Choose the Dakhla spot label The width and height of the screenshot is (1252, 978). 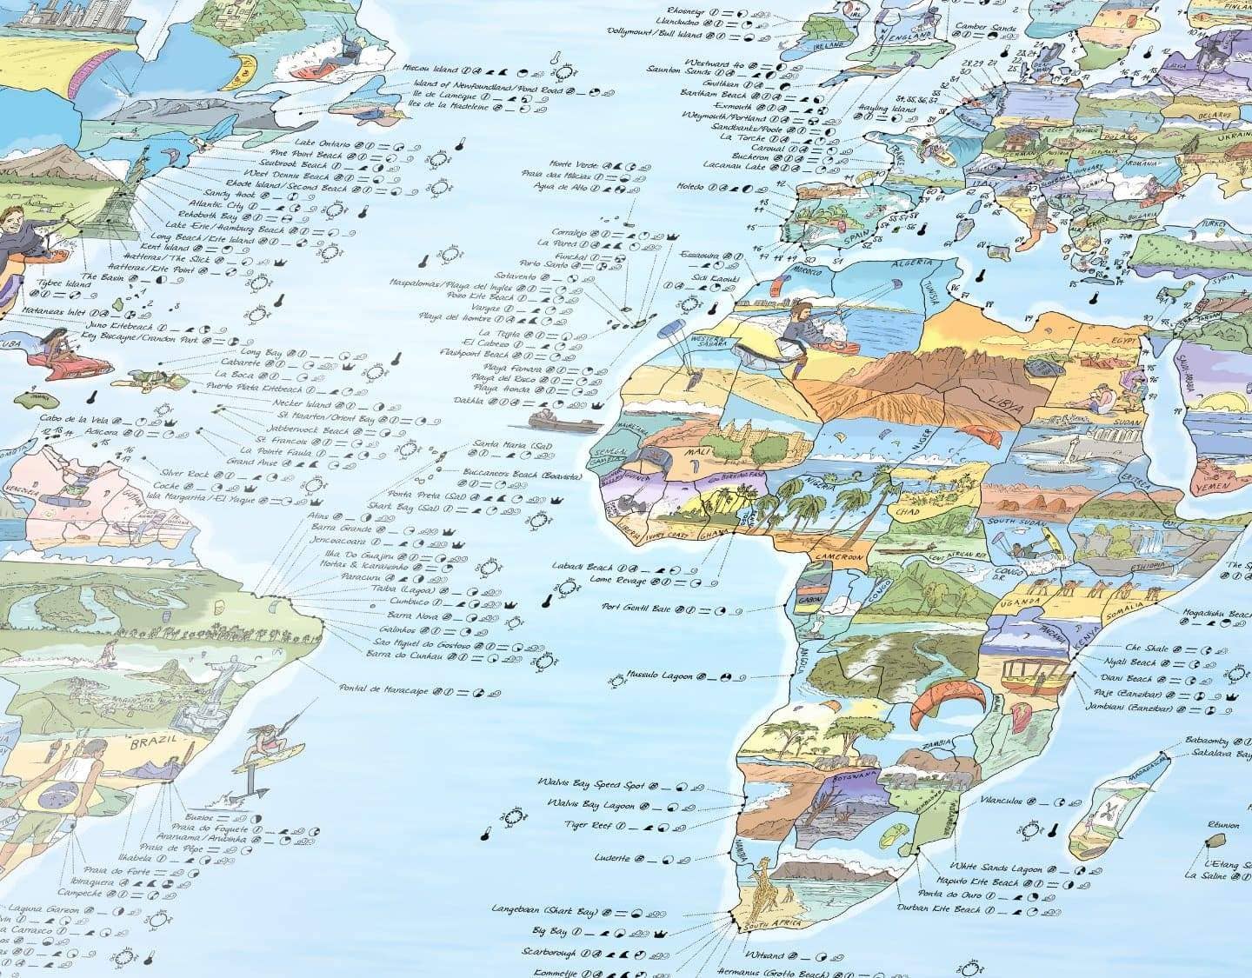(x=469, y=401)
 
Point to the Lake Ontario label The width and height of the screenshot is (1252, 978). (x=322, y=143)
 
